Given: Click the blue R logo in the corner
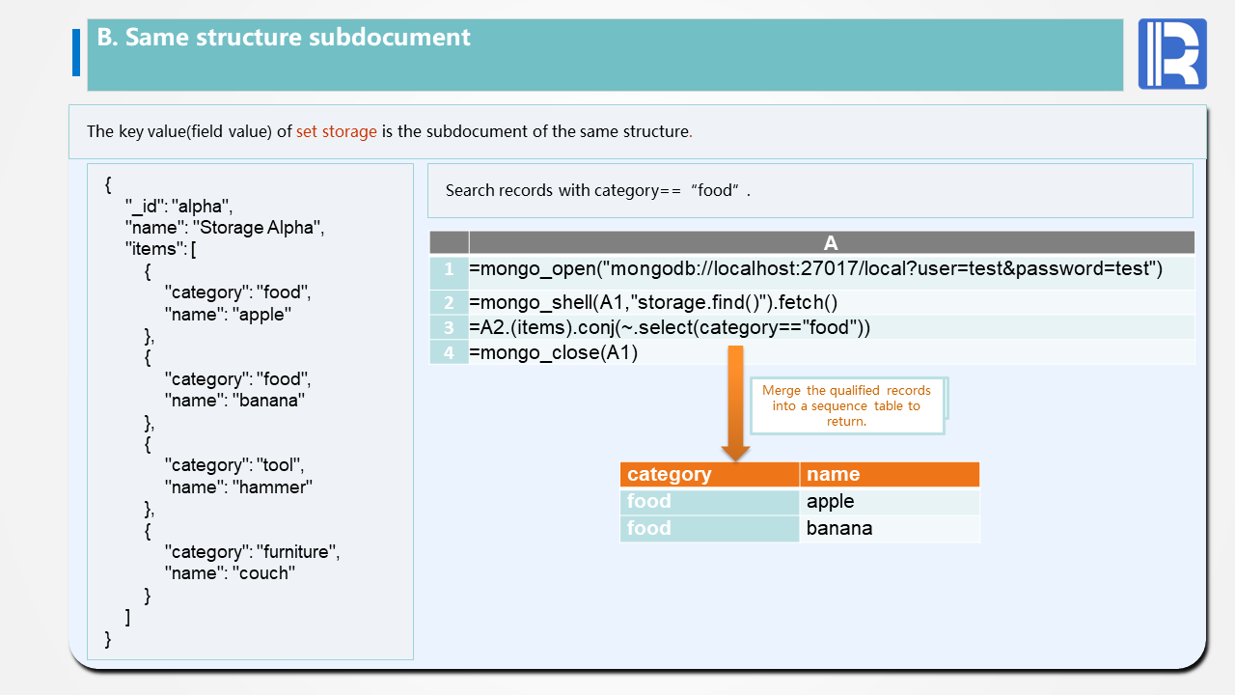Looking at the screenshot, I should coord(1172,54).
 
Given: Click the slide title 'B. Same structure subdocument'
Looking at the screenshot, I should coord(284,38).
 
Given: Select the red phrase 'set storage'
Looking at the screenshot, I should coord(336,131).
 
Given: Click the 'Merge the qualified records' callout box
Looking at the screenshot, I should coord(846,405).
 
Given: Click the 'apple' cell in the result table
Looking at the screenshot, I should coord(831,501).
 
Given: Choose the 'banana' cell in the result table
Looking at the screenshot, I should coord(839,528).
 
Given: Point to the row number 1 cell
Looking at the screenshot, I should coord(449,269).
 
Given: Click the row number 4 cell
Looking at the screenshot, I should coord(449,352).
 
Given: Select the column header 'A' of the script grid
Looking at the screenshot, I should coord(831,243).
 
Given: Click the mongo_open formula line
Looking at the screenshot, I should coord(815,269).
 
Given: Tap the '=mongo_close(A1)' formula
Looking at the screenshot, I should coord(554,352).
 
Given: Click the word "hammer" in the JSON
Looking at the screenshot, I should coord(272,486).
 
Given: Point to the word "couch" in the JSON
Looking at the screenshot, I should coord(263,573).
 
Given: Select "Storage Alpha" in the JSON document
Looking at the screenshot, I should coord(258,228).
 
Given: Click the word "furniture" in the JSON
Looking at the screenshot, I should coord(296,552).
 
